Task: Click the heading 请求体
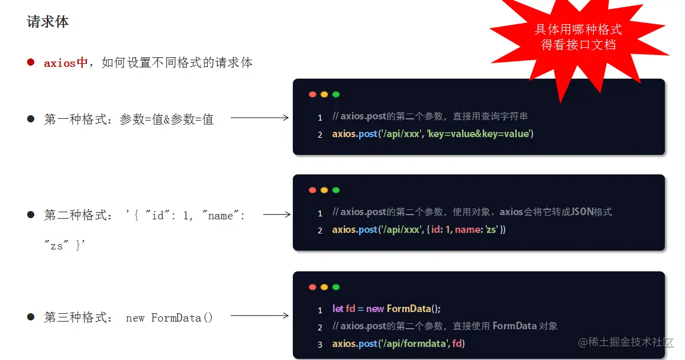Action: tap(48, 22)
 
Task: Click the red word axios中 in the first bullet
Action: tap(66, 63)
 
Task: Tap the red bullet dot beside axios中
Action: tap(31, 62)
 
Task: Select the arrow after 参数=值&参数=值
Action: tap(259, 118)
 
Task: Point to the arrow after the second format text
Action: tap(276, 215)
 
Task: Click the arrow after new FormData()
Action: tap(259, 316)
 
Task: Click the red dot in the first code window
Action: tap(312, 95)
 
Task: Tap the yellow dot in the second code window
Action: tap(324, 190)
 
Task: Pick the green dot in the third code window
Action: tap(336, 287)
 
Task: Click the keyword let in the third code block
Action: tap(338, 309)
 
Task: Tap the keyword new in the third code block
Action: tap(375, 309)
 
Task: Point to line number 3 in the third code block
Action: tap(320, 344)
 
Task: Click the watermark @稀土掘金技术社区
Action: tap(626, 342)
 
